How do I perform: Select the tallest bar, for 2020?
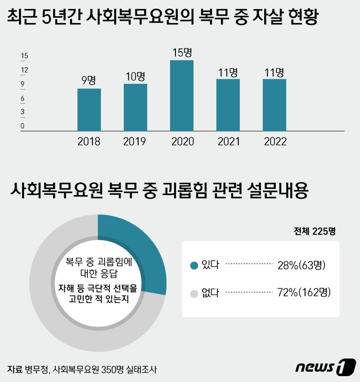pos(182,95)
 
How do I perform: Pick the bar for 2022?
pos(274,105)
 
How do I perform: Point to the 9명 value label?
pos(89,81)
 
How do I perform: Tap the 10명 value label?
pos(135,76)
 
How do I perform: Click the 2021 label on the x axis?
pos(229,141)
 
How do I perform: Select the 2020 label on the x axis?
pos(182,141)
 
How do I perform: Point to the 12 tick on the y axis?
pos(24,70)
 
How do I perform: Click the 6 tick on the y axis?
pos(22,98)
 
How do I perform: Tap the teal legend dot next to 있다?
pos(194,265)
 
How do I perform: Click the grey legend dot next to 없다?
pos(194,294)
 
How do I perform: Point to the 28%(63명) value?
pos(301,265)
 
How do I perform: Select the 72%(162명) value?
pos(304,294)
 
